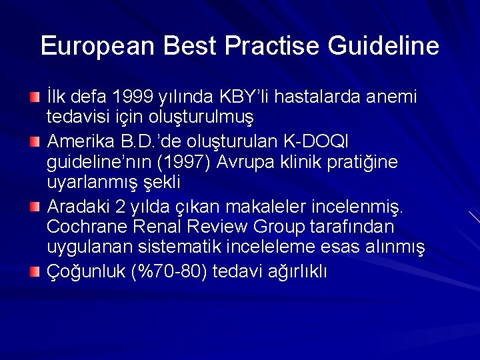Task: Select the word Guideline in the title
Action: pos(383,46)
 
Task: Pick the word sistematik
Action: pos(180,247)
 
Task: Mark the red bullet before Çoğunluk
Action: pos(35,272)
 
